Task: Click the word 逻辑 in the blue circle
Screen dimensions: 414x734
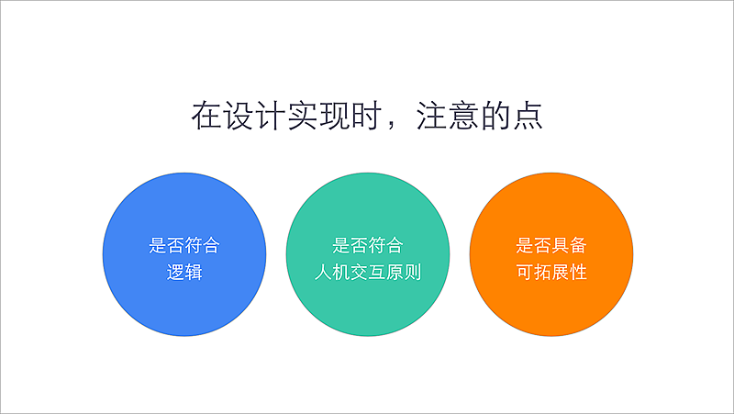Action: click(183, 273)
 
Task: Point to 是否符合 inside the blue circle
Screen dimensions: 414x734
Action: click(183, 246)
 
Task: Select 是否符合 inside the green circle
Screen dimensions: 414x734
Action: click(367, 246)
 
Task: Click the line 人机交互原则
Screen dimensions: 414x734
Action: click(367, 273)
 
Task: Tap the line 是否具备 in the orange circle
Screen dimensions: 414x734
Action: click(550, 246)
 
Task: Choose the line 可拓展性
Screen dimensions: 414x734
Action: click(550, 273)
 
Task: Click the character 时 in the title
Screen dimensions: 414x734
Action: click(364, 116)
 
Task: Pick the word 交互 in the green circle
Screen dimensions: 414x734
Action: click(367, 273)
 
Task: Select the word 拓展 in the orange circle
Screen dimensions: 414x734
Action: click(550, 273)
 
